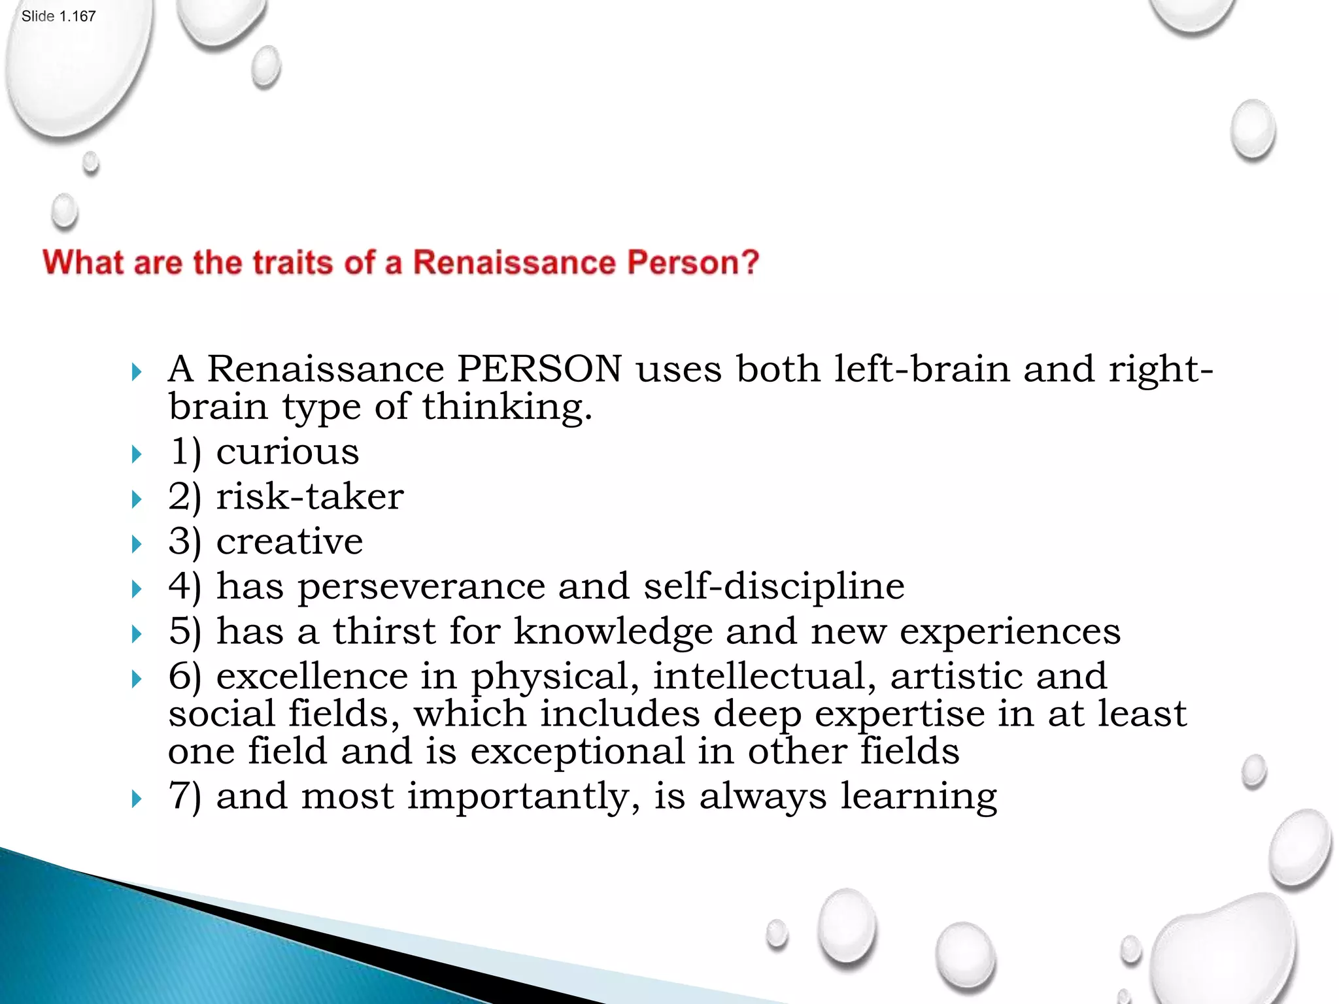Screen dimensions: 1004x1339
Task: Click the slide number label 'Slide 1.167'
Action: [58, 16]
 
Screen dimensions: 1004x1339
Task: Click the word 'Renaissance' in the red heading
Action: [514, 263]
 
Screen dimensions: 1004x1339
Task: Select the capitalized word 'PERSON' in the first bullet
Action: [539, 369]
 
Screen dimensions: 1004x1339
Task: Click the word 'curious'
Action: [288, 452]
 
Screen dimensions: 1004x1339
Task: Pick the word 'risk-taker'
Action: [310, 497]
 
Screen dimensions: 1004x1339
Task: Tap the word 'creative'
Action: [290, 541]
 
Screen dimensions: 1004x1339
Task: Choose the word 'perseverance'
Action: [421, 586]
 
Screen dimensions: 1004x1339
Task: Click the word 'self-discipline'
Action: [774, 586]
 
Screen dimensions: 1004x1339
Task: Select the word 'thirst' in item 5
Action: [384, 631]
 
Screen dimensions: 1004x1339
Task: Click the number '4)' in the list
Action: [184, 586]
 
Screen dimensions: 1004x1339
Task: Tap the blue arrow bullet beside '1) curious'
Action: [136, 454]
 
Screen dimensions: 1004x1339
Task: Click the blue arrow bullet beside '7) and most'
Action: [136, 799]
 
